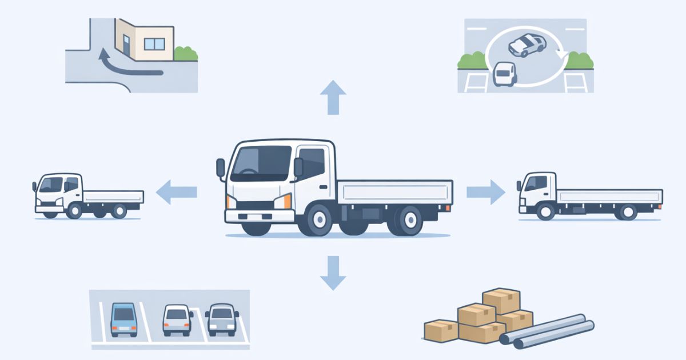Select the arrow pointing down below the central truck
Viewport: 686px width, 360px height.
[333, 273]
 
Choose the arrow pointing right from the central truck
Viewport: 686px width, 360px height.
[486, 192]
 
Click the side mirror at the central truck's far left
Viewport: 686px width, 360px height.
[221, 168]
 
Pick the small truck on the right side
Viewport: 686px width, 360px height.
[589, 197]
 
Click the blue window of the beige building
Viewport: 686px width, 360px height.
[154, 43]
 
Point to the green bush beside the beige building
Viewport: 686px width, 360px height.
[186, 54]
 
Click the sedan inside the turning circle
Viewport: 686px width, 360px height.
[526, 45]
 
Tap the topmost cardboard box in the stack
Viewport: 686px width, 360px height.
[501, 300]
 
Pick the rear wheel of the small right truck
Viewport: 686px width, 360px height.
[628, 213]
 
